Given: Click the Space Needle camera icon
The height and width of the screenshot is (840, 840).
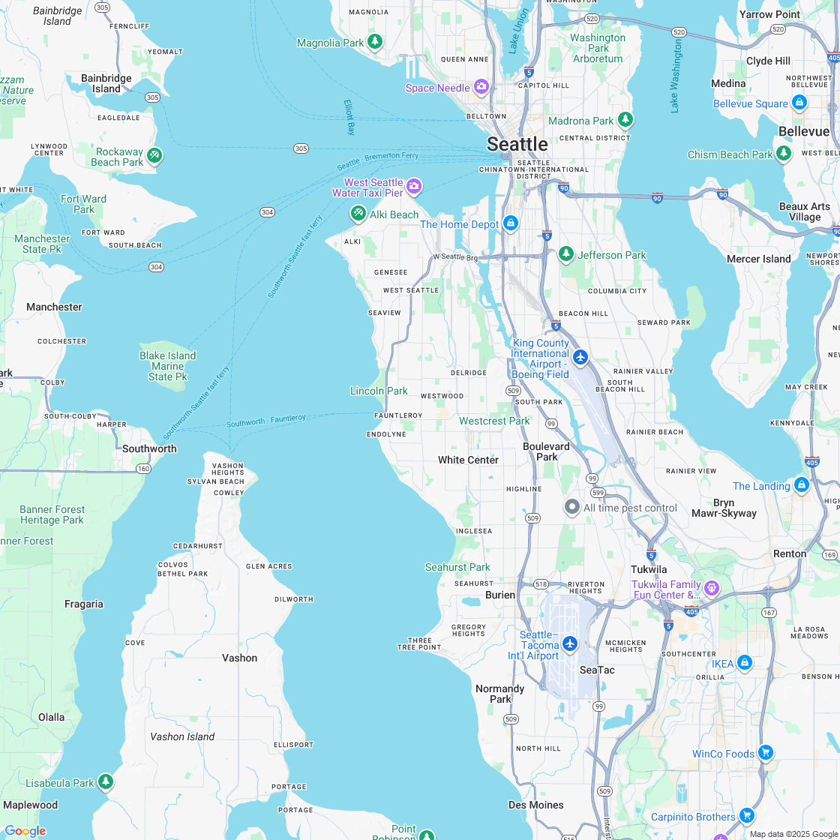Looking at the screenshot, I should [x=481, y=87].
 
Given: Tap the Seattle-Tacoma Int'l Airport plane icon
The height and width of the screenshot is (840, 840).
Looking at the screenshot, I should [x=570, y=643].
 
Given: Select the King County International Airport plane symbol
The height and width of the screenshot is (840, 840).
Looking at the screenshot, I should [x=580, y=356].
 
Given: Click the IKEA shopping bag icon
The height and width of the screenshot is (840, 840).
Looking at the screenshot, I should [x=744, y=663].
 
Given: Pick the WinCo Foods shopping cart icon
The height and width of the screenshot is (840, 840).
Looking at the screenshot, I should [x=765, y=752].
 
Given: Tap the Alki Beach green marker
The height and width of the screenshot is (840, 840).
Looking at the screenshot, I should [x=358, y=214].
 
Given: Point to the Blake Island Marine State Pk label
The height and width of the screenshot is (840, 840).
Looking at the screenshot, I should [x=167, y=366].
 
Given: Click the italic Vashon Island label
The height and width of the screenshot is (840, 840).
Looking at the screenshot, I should [x=182, y=736].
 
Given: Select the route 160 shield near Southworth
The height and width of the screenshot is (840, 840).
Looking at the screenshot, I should [x=143, y=469].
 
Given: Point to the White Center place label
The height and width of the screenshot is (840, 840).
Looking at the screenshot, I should [x=468, y=460].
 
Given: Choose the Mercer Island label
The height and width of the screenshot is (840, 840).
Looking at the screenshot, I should [x=758, y=259].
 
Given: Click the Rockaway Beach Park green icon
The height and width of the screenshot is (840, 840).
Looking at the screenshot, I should [x=154, y=156].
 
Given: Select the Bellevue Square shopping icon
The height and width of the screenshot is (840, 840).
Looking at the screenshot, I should [x=799, y=103].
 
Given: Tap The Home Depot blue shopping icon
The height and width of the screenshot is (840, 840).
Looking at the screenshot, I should [x=511, y=223].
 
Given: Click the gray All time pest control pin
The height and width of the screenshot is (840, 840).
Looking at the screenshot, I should [x=572, y=508].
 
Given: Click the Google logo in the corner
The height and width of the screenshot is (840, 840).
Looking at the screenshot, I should [x=25, y=830].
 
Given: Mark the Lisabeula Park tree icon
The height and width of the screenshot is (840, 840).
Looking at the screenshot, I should [x=106, y=782].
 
